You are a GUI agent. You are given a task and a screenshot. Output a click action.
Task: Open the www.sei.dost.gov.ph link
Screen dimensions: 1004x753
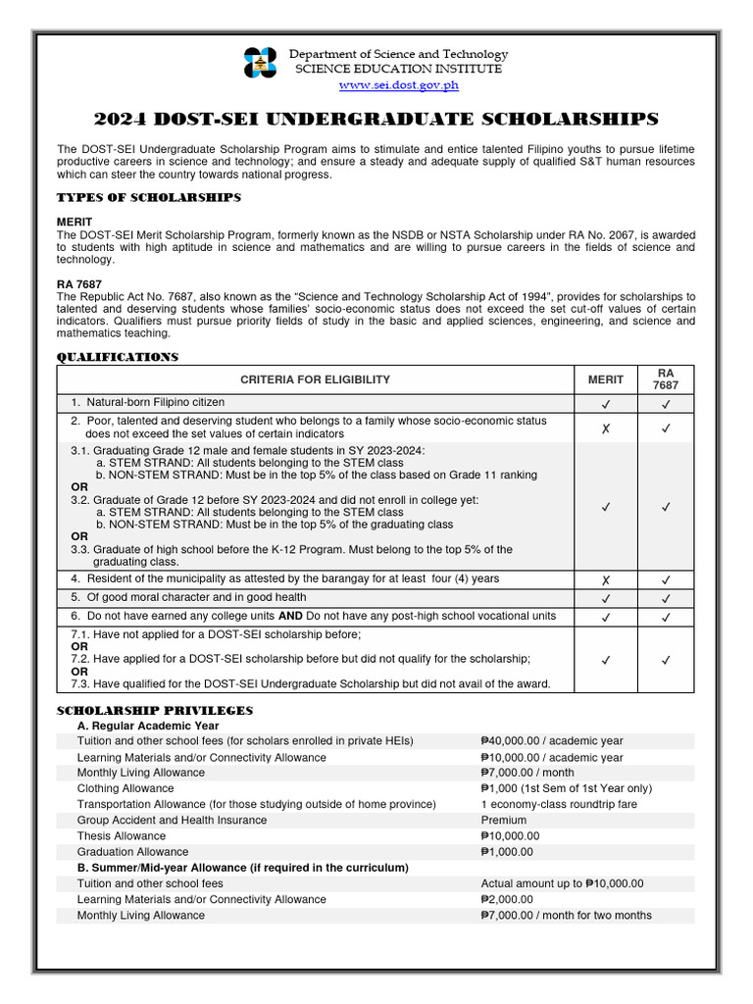[398, 85]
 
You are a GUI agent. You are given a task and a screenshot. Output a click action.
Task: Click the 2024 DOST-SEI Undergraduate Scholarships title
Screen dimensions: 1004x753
[376, 120]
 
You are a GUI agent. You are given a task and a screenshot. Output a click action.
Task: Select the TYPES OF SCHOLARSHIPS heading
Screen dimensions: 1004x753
[149, 198]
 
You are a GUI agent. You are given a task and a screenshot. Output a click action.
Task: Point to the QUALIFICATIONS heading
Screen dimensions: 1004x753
[118, 358]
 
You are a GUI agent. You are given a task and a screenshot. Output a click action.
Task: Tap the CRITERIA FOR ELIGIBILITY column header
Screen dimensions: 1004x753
[315, 379]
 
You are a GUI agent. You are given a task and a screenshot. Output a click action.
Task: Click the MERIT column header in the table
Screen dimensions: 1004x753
[605, 379]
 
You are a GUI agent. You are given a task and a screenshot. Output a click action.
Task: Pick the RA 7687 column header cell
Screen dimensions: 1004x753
[665, 379]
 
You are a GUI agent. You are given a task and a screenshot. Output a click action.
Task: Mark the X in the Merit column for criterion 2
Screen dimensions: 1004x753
[605, 427]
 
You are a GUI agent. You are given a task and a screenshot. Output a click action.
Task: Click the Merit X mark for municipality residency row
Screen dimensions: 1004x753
[605, 579]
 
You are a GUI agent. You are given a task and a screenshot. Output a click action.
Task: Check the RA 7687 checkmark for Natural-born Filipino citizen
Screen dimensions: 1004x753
[665, 403]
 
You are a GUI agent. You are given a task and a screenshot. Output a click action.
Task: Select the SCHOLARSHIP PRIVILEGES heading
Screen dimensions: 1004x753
[155, 710]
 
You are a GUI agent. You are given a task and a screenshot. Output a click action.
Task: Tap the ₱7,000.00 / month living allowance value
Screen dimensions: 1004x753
[529, 773]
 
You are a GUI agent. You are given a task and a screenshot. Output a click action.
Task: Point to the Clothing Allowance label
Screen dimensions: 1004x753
[125, 788]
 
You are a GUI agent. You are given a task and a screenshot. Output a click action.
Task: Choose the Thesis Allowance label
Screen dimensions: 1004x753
[121, 836]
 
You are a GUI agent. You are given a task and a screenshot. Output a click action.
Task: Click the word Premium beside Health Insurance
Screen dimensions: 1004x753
[503, 821]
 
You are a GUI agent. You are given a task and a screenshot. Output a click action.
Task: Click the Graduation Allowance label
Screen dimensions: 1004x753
[132, 852]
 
